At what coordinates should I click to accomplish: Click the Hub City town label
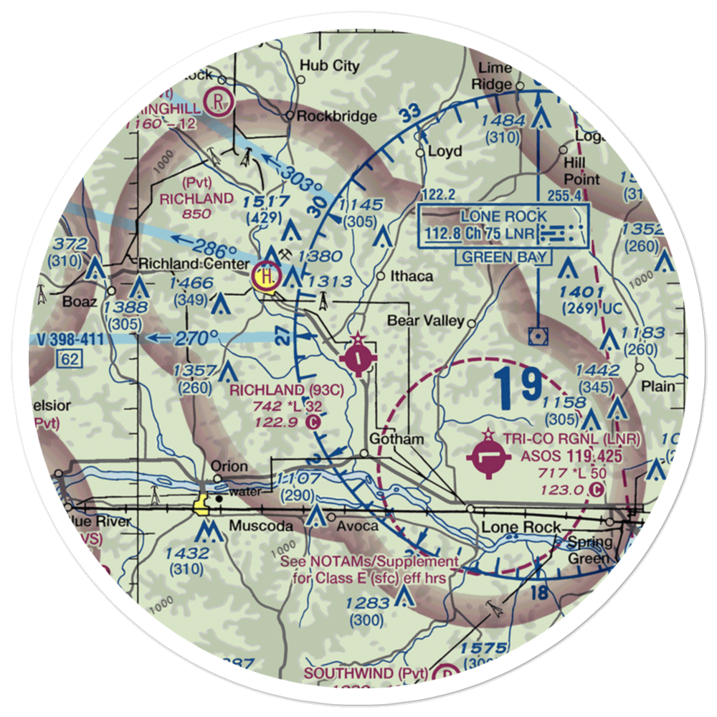point(329,66)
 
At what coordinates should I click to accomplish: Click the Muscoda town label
point(260,526)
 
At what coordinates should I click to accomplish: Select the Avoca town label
point(358,526)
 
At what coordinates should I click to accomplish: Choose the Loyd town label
point(445,151)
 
